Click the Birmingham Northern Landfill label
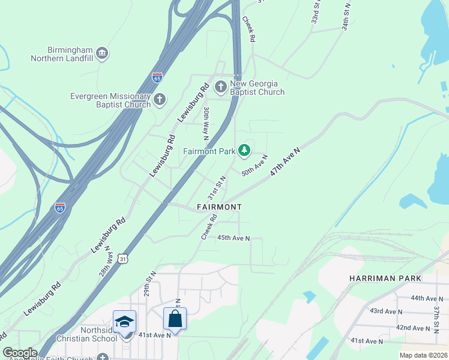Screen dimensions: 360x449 62,54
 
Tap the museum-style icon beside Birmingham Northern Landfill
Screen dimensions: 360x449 102,54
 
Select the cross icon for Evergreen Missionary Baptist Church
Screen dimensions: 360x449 159,100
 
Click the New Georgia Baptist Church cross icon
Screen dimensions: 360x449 220,88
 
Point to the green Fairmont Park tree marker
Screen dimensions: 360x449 244,151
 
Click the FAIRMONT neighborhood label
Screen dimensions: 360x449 219,207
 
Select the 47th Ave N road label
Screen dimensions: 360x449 285,161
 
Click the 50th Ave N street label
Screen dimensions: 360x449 254,165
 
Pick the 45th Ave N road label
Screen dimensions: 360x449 233,238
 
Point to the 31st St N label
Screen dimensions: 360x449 216,188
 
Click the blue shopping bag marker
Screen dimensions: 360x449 175,319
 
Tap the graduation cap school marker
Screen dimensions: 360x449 125,322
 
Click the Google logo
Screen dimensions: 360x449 20,353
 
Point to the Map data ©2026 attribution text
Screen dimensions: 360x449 423,355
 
